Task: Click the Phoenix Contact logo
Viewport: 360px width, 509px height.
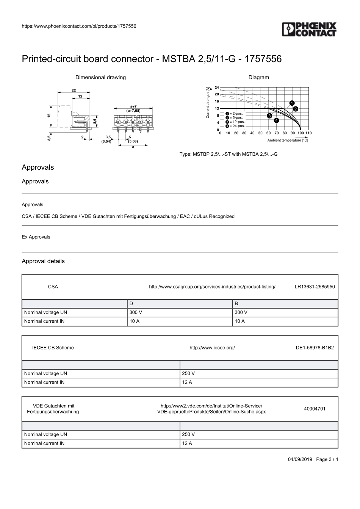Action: [309, 30]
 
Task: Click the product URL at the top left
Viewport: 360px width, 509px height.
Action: [79, 26]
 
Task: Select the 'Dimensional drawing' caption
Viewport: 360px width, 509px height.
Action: [100, 77]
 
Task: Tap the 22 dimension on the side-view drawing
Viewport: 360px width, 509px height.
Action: [74, 90]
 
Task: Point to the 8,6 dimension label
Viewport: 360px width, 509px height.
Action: [95, 120]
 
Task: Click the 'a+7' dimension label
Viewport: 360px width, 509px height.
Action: [133, 106]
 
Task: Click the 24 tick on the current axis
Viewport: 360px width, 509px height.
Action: [217, 87]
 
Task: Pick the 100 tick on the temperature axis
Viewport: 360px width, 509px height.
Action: [300, 133]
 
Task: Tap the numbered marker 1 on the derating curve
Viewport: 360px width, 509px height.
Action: [292, 103]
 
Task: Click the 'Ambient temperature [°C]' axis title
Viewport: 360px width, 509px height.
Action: [288, 140]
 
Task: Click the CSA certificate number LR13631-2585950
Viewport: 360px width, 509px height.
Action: [315, 287]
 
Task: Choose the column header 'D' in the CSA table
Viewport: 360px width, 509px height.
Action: [131, 304]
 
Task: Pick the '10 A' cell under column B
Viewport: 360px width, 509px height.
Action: [240, 321]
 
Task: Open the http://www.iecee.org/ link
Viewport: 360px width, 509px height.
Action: [212, 348]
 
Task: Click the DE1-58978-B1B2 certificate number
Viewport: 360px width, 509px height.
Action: [315, 348]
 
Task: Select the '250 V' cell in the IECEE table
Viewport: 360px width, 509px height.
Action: [188, 373]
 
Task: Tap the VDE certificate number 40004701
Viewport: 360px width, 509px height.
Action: [315, 409]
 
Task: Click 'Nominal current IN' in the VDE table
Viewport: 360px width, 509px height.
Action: [44, 443]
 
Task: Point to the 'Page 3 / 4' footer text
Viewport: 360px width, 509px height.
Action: [327, 459]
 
